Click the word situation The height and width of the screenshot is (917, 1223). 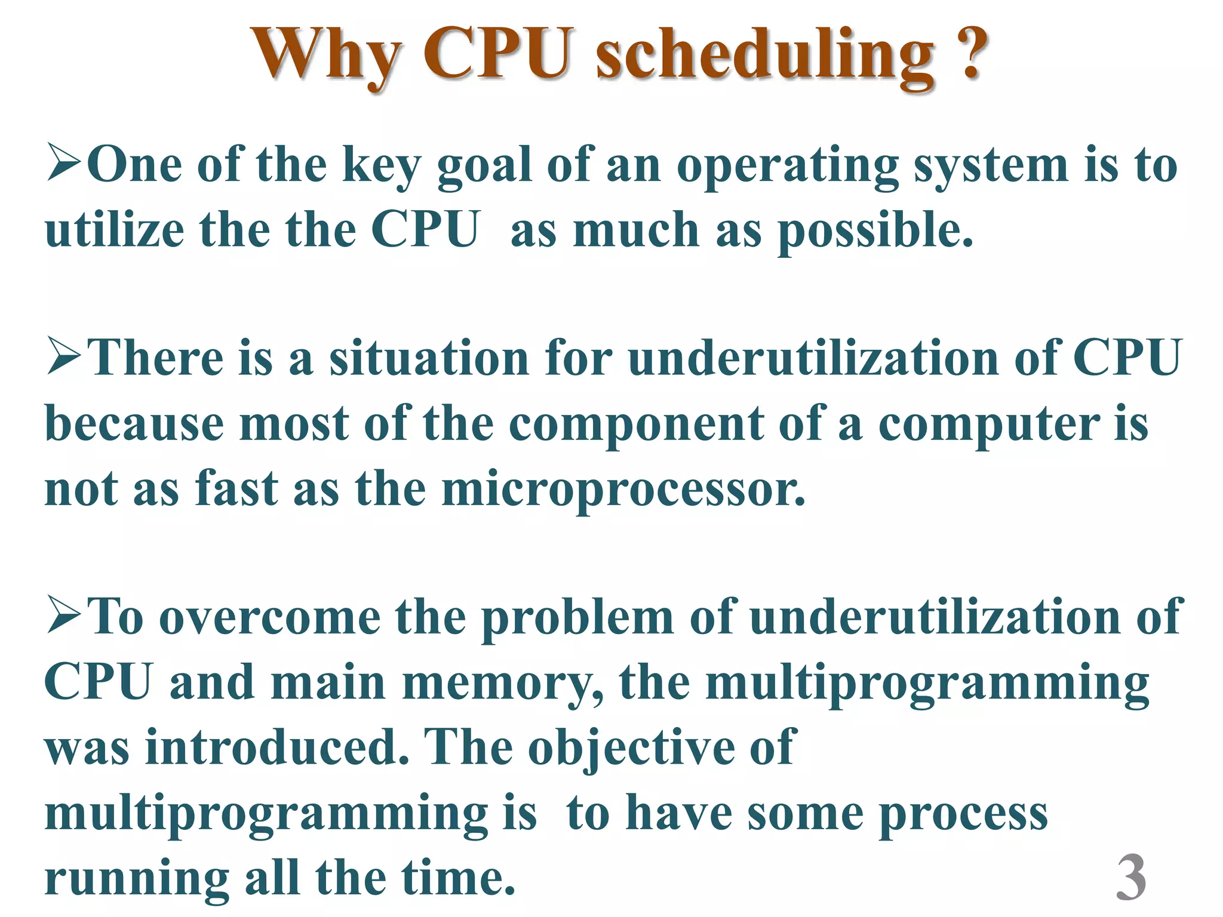click(x=429, y=358)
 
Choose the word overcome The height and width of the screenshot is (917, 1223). click(x=270, y=618)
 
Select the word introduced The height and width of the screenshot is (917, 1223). click(x=277, y=747)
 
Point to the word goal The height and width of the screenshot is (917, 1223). click(x=484, y=167)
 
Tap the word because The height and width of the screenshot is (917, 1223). click(x=134, y=424)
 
